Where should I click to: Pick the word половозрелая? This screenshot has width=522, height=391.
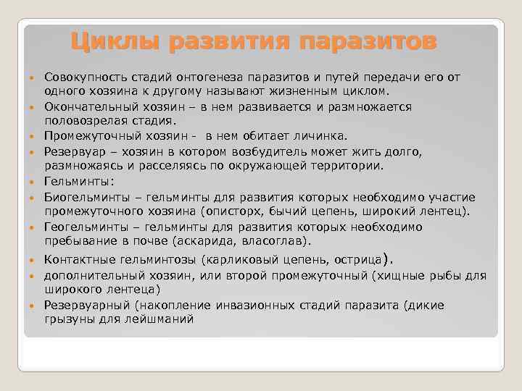pos(82,120)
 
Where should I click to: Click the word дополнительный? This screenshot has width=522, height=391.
pos(90,276)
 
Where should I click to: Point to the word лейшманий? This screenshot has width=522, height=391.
pos(160,319)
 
